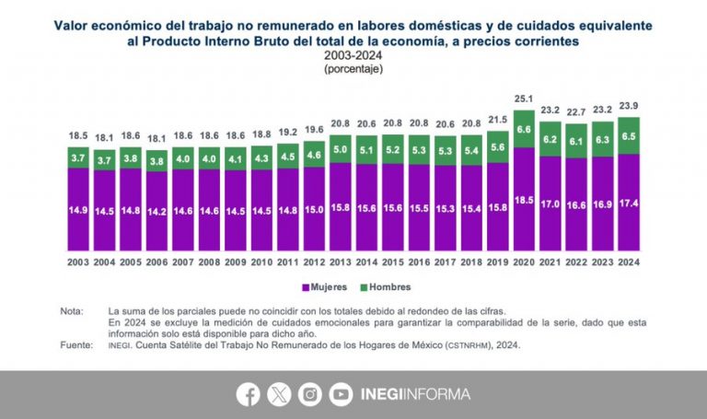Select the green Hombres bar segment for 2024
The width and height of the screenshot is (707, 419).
[628, 135]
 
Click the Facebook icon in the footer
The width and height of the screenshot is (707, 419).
[248, 394]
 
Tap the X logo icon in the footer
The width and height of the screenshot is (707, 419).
[279, 394]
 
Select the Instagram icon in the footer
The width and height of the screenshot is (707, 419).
[310, 394]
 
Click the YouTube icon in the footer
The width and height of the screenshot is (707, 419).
[341, 394]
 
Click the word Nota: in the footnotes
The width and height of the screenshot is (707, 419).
[70, 312]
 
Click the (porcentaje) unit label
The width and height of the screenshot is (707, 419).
[353, 69]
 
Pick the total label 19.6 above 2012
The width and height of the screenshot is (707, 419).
[314, 130]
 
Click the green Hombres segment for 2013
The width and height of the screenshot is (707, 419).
[340, 149]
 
